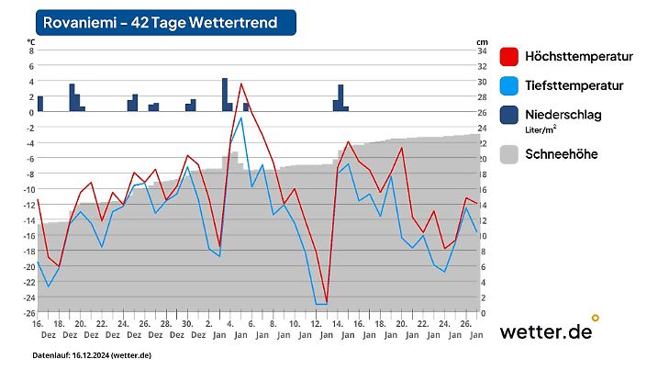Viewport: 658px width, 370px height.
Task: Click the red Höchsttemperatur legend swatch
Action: (x=510, y=57)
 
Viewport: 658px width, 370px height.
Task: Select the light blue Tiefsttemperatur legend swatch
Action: (x=510, y=86)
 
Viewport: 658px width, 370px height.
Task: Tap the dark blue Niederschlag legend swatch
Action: (x=510, y=115)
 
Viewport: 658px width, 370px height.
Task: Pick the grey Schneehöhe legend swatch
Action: (x=510, y=154)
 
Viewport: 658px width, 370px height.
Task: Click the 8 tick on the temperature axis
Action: (x=30, y=51)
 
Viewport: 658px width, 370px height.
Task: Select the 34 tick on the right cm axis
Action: (x=482, y=51)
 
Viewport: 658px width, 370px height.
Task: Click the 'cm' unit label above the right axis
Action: (x=482, y=41)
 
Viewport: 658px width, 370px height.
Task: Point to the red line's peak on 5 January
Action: (x=241, y=84)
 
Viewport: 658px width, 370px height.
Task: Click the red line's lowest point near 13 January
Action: (x=326, y=300)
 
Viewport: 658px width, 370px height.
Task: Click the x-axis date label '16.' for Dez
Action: (x=38, y=324)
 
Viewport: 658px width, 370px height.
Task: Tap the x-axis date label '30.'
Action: (x=187, y=324)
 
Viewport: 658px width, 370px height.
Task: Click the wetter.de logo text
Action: (x=545, y=332)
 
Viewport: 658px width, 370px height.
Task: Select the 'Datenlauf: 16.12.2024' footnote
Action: (x=92, y=354)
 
